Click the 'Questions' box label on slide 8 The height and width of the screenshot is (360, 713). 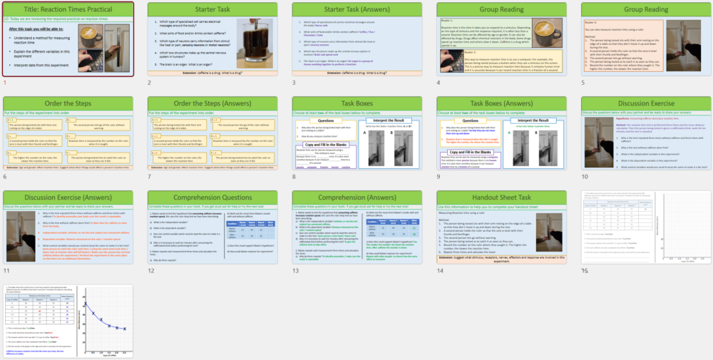coord(324,121)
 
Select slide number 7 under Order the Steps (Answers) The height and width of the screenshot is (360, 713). coord(150,177)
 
